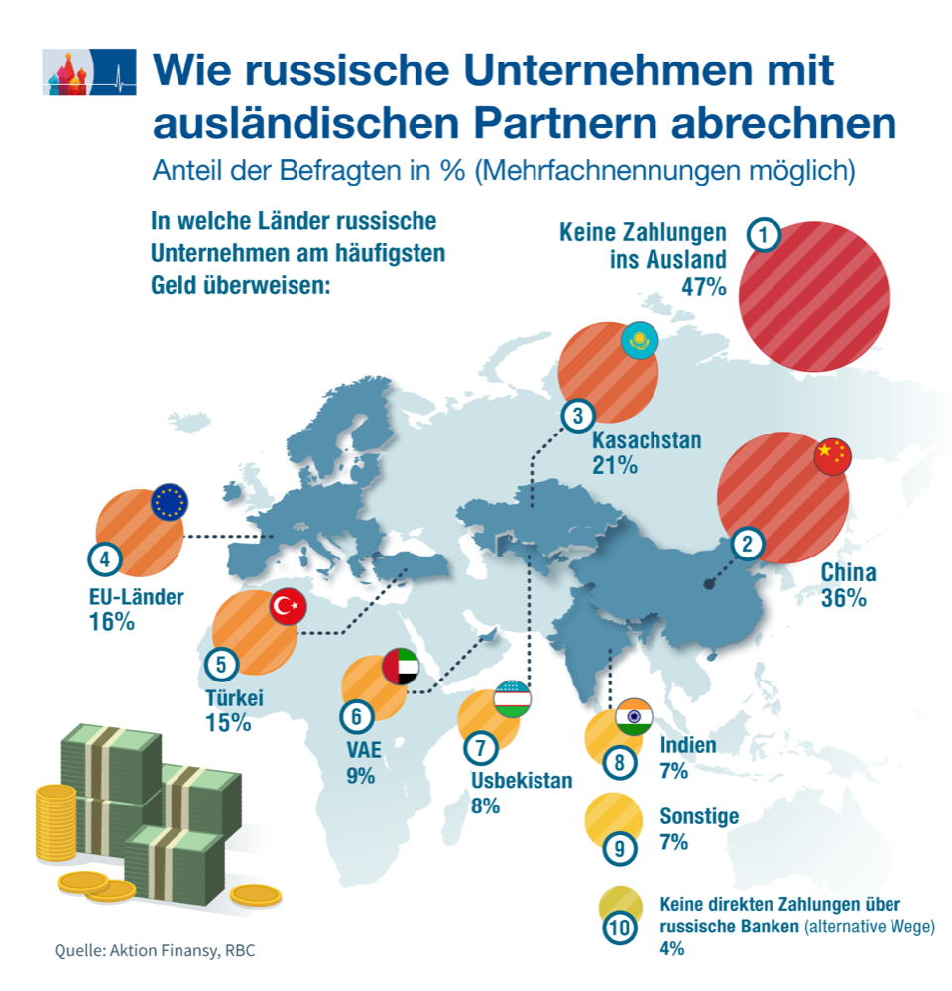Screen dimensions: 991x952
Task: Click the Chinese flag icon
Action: click(x=832, y=454)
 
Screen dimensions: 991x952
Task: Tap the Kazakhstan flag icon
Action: click(x=640, y=341)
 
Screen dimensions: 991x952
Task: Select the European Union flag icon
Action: click(x=170, y=506)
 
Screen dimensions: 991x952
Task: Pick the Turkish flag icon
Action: click(x=290, y=605)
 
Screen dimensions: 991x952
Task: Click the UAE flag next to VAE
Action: click(x=401, y=669)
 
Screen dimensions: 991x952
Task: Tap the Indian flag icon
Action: click(x=632, y=716)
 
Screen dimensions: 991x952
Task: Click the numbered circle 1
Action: click(x=763, y=235)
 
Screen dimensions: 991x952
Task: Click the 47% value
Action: click(x=703, y=287)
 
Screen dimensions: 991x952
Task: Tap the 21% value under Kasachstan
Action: click(x=615, y=464)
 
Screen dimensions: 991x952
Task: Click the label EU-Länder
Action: click(x=136, y=597)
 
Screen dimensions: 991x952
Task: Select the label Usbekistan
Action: click(x=522, y=780)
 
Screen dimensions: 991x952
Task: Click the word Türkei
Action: click(x=235, y=698)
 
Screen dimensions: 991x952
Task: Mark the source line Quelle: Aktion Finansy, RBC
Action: click(x=154, y=950)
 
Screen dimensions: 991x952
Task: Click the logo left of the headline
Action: click(x=88, y=72)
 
